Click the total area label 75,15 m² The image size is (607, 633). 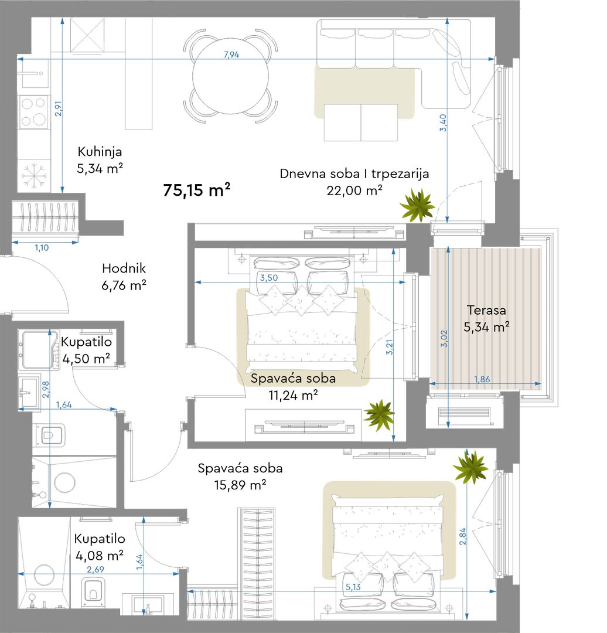pos(196,190)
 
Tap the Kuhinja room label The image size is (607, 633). pos(100,152)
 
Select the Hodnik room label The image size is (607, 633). pos(124,268)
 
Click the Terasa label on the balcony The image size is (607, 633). pos(486,310)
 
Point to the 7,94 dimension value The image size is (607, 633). pos(231,55)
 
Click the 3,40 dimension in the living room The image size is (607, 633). pos(443,122)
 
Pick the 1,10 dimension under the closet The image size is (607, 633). pos(42,248)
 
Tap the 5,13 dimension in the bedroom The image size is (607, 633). pos(353,587)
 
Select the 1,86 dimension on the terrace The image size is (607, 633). pos(482,379)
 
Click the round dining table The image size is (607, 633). pos(230,76)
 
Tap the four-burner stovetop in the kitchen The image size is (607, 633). pos(33,112)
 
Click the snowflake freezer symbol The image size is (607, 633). pos(34,176)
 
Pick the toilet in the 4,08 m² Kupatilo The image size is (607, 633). pos(93,592)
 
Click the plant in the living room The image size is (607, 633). pos(417,206)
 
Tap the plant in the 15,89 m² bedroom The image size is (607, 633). pos(470,468)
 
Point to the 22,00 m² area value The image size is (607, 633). pos(354,190)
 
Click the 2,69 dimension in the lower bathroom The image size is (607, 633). pos(96,569)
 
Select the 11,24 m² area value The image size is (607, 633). pos(293,395)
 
